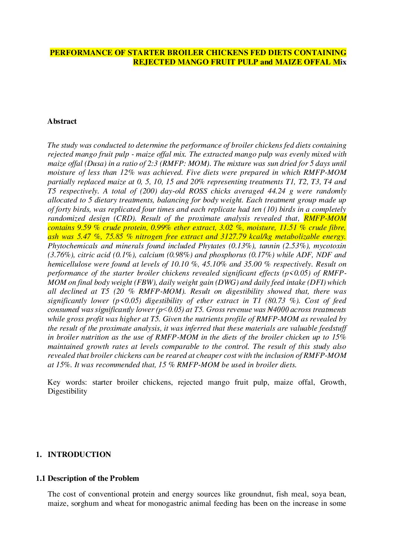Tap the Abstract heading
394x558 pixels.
pyautogui.click(x=62, y=121)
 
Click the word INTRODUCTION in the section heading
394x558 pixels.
pyautogui.click(x=79, y=454)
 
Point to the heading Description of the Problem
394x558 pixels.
pyautogui.click(x=93, y=478)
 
